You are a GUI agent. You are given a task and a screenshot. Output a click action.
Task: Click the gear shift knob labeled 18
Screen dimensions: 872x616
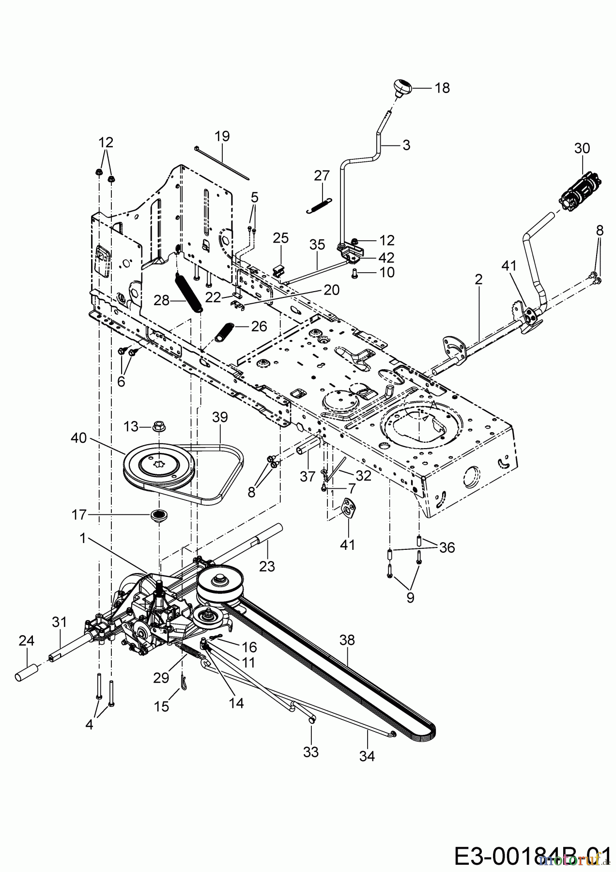coord(402,89)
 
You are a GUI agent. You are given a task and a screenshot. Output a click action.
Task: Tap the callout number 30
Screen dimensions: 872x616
coord(582,148)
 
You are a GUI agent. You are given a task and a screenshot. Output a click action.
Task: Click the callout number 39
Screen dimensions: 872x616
coord(220,417)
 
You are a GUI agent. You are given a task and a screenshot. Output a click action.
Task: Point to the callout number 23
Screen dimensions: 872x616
coord(267,566)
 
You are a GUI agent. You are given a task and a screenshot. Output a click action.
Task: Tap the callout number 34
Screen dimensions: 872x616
coord(367,756)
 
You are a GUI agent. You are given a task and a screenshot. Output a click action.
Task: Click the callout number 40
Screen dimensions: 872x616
coord(78,438)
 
